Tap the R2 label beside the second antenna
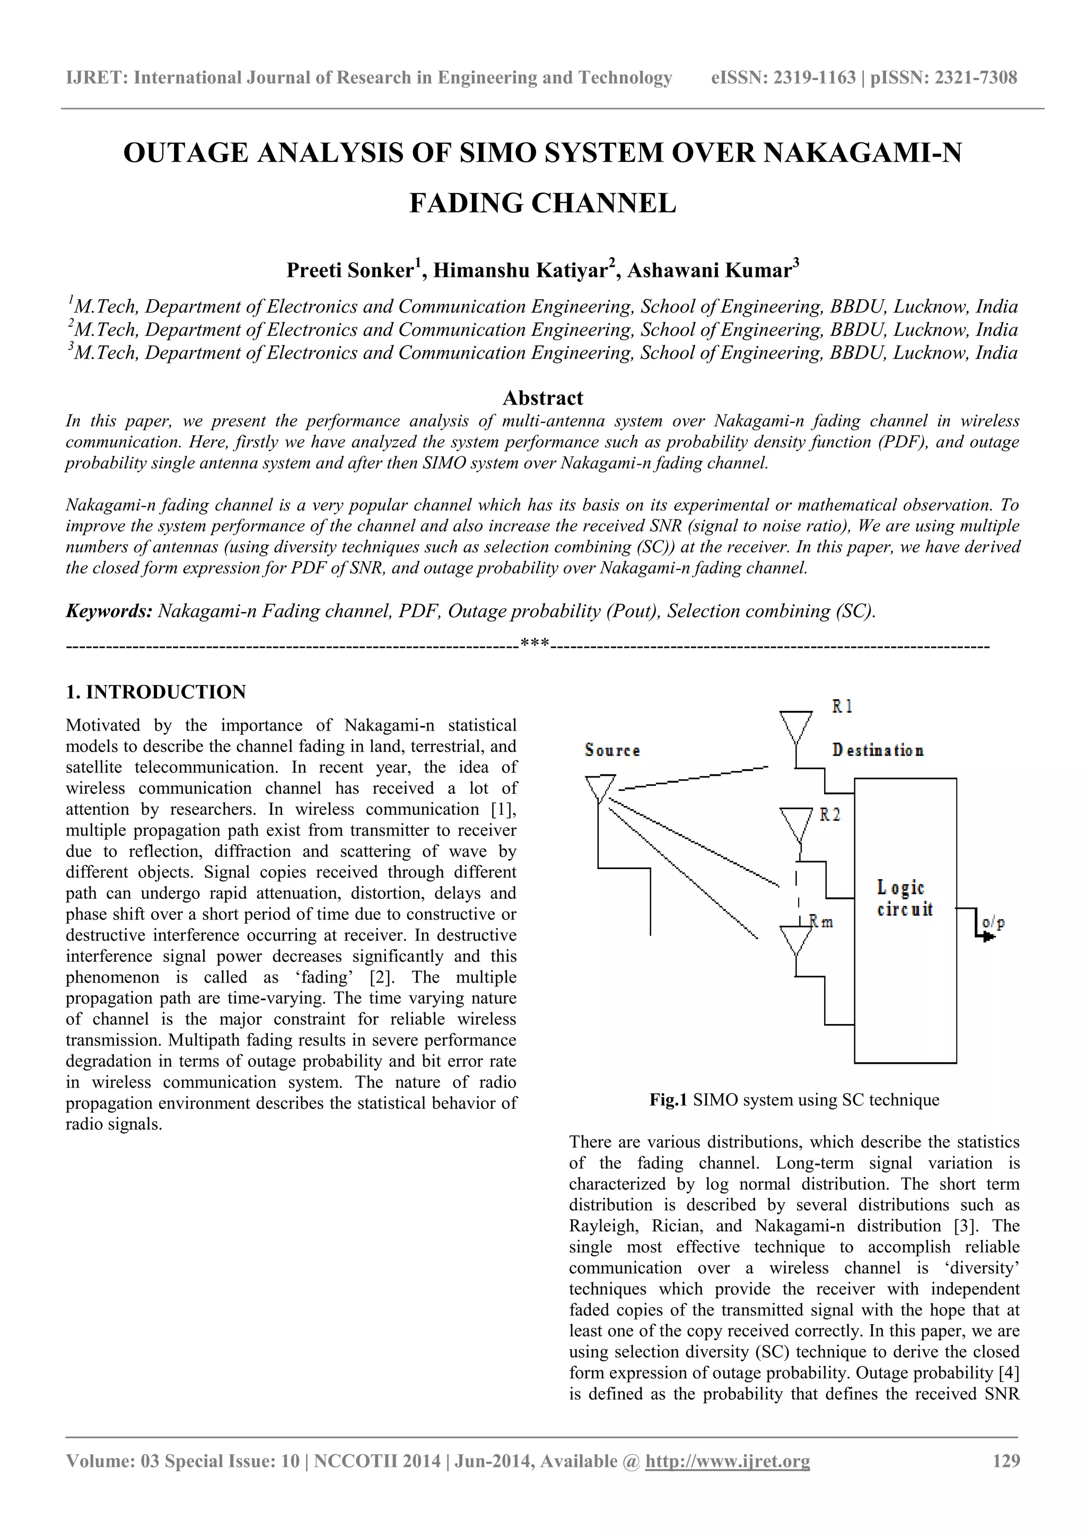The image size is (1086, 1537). click(830, 815)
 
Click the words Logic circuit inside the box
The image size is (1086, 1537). click(905, 898)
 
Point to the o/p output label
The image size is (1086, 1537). click(993, 923)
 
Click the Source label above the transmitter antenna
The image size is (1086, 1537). click(612, 750)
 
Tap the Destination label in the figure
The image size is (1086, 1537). click(878, 750)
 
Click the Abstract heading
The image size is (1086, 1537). click(542, 398)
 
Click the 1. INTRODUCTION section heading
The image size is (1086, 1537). click(156, 692)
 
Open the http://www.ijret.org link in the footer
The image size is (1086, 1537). click(728, 1461)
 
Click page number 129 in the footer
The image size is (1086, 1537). click(1006, 1461)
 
